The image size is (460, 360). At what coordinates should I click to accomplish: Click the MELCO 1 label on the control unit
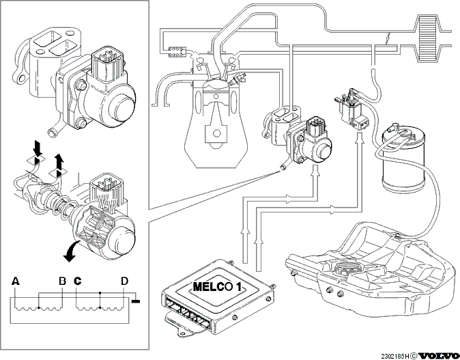point(218,286)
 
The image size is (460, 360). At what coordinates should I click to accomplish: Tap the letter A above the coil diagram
point(15,281)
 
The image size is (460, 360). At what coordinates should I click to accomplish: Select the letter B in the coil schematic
point(62,281)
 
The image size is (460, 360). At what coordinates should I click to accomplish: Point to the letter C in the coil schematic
point(77,281)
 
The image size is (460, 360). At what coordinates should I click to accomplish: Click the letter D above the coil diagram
point(125,281)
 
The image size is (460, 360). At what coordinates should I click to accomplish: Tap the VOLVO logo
point(438,356)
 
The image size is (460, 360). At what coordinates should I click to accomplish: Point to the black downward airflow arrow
point(38,149)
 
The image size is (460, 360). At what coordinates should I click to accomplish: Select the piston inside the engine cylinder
point(216,94)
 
